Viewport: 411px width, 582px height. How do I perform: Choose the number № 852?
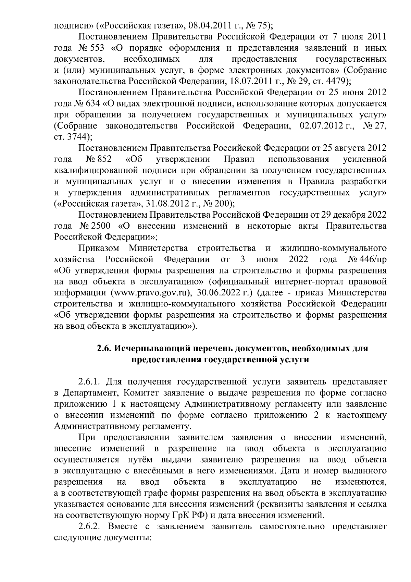pyautogui.click(x=99, y=159)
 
